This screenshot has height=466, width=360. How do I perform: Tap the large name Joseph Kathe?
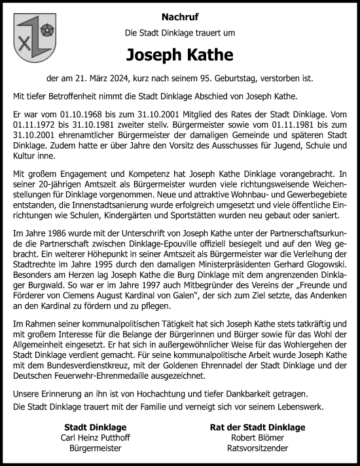pos(179,53)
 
